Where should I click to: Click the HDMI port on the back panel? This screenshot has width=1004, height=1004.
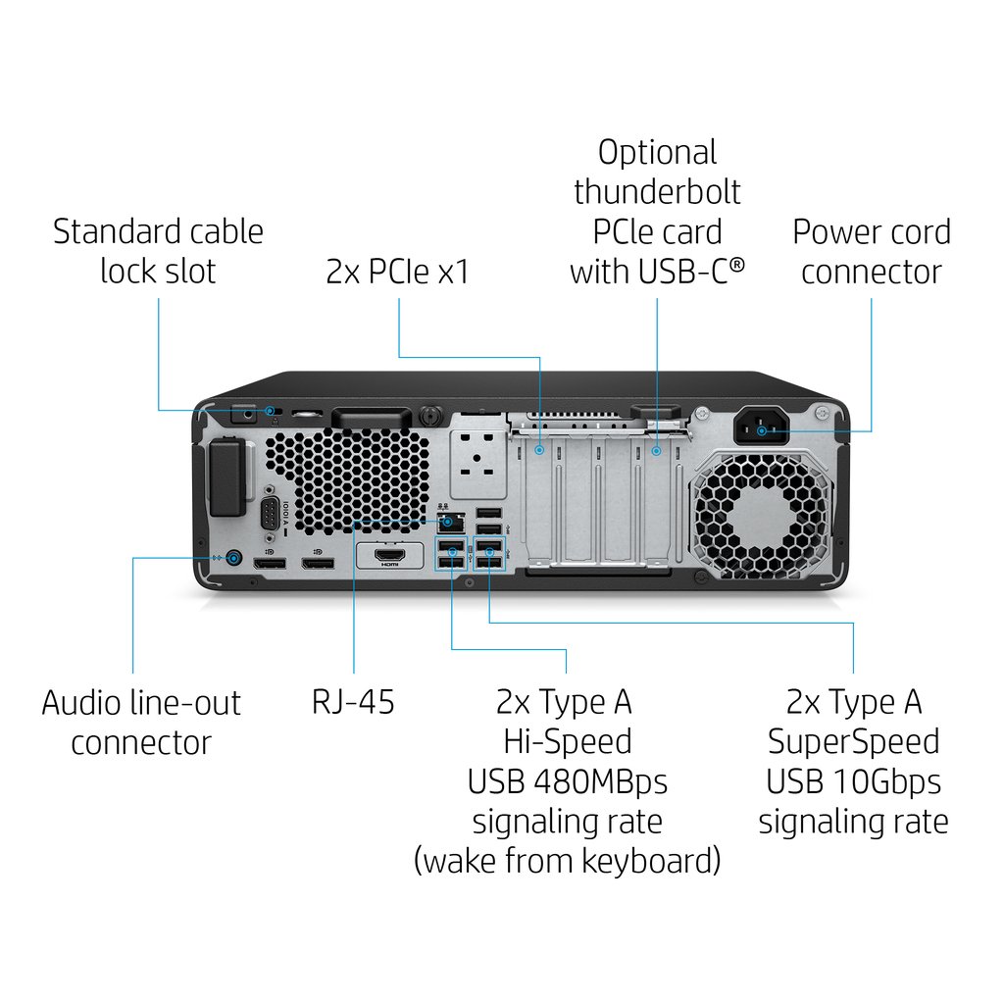[x=390, y=557]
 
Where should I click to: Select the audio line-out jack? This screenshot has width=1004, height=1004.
[x=233, y=559]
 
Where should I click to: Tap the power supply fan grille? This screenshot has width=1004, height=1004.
[x=762, y=516]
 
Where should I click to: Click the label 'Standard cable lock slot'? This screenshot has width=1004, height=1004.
[x=158, y=251]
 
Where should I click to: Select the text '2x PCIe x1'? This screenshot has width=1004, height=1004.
[x=397, y=272]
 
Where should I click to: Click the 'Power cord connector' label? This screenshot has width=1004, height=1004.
[x=871, y=251]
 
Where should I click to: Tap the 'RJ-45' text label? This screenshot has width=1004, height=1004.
[x=353, y=702]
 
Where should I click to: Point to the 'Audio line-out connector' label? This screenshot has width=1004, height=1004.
[x=141, y=722]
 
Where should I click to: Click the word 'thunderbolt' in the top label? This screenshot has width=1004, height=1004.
[x=657, y=191]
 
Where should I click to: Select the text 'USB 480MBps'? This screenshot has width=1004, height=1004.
[x=567, y=781]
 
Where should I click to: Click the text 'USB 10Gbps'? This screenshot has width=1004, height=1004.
[x=853, y=781]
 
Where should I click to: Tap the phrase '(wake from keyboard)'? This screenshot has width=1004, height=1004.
[x=567, y=861]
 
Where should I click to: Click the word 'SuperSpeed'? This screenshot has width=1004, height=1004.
[x=853, y=741]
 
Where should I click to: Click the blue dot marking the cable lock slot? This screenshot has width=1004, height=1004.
[x=269, y=410]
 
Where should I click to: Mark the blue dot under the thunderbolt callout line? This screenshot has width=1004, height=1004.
[x=657, y=451]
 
